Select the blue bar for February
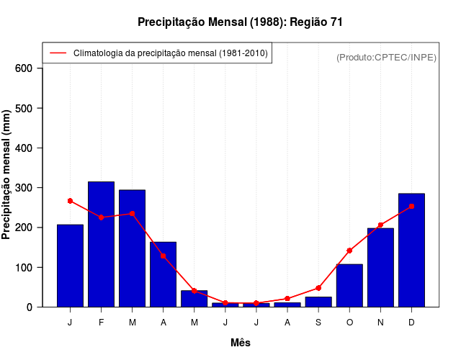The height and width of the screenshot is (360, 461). (x=101, y=245)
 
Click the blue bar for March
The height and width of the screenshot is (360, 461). (x=132, y=248)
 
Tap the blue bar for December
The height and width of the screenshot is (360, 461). (x=411, y=251)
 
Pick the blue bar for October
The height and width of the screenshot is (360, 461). (x=349, y=286)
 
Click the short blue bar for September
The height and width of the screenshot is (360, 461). (x=318, y=302)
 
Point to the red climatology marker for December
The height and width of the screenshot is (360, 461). (x=411, y=207)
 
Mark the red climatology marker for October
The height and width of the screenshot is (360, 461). (x=349, y=251)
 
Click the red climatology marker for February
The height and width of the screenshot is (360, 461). (x=101, y=217)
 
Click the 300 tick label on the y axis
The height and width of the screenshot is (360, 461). (x=25, y=188)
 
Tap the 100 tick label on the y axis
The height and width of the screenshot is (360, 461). (x=25, y=268)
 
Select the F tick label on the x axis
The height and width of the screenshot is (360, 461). (x=101, y=323)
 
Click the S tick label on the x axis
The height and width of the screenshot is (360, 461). (x=318, y=323)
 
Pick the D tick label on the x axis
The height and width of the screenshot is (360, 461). (x=411, y=323)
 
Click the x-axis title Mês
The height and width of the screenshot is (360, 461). (x=241, y=343)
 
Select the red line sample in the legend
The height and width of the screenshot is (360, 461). (x=58, y=53)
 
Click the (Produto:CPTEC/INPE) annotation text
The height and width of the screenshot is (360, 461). (x=386, y=57)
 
